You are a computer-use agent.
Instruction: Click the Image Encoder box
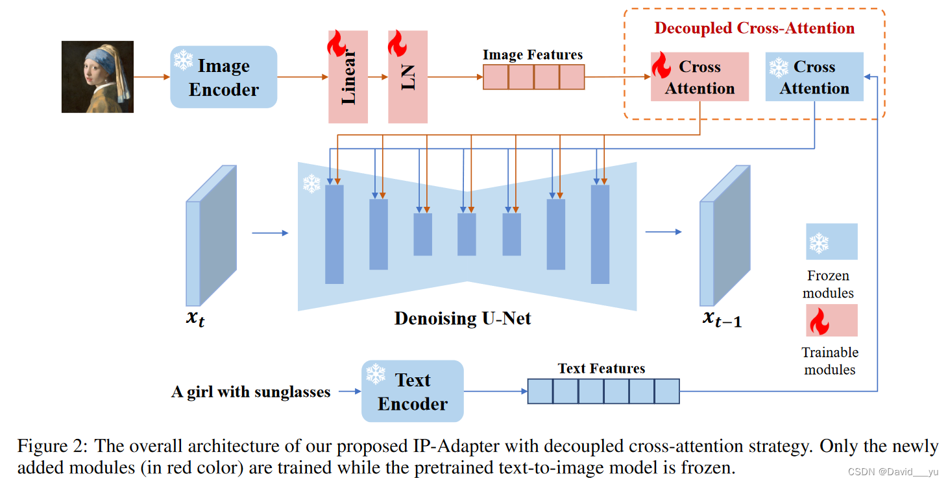point(223,77)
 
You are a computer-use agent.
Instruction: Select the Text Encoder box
point(413,392)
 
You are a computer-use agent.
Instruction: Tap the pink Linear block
point(348,77)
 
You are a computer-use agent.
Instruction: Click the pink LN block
point(407,77)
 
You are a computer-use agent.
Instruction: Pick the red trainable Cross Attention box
point(699,77)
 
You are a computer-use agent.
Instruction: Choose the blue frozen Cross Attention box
point(814,77)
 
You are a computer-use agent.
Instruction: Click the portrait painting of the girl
point(97,77)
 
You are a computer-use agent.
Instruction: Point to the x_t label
point(195,319)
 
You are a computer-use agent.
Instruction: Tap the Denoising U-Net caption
point(463,318)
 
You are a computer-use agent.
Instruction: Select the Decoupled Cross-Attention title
point(754,29)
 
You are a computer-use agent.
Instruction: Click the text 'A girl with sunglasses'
point(250,392)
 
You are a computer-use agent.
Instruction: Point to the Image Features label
point(532,55)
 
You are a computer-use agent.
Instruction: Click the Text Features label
point(602,369)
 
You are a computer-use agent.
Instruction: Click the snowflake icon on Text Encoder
point(376,373)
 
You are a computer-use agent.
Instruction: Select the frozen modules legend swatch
point(831,242)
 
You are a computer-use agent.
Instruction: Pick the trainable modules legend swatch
point(831,320)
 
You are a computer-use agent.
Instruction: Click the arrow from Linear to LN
point(378,77)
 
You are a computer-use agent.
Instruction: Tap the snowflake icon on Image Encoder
point(183,60)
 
